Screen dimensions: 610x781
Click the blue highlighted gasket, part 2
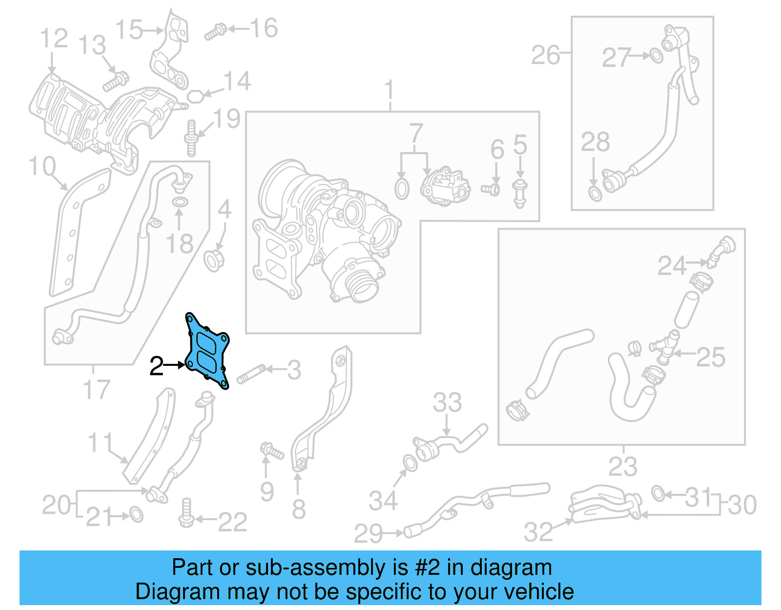coord(208,352)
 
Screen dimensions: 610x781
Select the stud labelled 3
coord(250,374)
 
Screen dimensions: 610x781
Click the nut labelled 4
coord(214,260)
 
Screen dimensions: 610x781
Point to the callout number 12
coord(54,38)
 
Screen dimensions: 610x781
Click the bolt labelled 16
coord(215,32)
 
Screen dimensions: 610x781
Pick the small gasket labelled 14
coord(195,96)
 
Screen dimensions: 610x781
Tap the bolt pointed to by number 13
coord(116,82)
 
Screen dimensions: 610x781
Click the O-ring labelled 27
coord(657,56)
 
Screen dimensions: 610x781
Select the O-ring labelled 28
coord(595,193)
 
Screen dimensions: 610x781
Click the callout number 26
coord(545,55)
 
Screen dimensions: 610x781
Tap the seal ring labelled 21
coord(136,514)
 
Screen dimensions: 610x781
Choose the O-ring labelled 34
coord(410,463)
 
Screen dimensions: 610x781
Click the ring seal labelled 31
coord(658,494)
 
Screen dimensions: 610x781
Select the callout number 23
coord(622,467)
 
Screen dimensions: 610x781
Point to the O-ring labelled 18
coord(180,202)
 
